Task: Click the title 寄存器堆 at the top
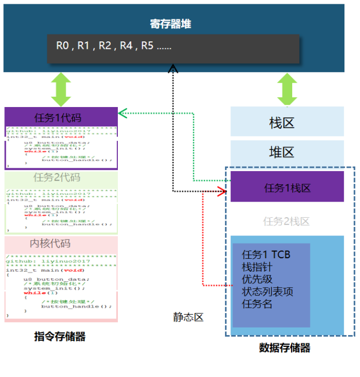point(170,24)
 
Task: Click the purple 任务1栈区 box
point(287,188)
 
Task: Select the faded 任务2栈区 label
point(286,221)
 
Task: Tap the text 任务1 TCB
point(266,254)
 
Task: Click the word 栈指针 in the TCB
point(257,267)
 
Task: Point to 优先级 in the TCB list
point(257,279)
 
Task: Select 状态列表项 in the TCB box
point(267,291)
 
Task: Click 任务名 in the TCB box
point(257,304)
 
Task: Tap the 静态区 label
point(188,317)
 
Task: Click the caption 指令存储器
point(60,337)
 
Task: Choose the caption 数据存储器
point(285,348)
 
